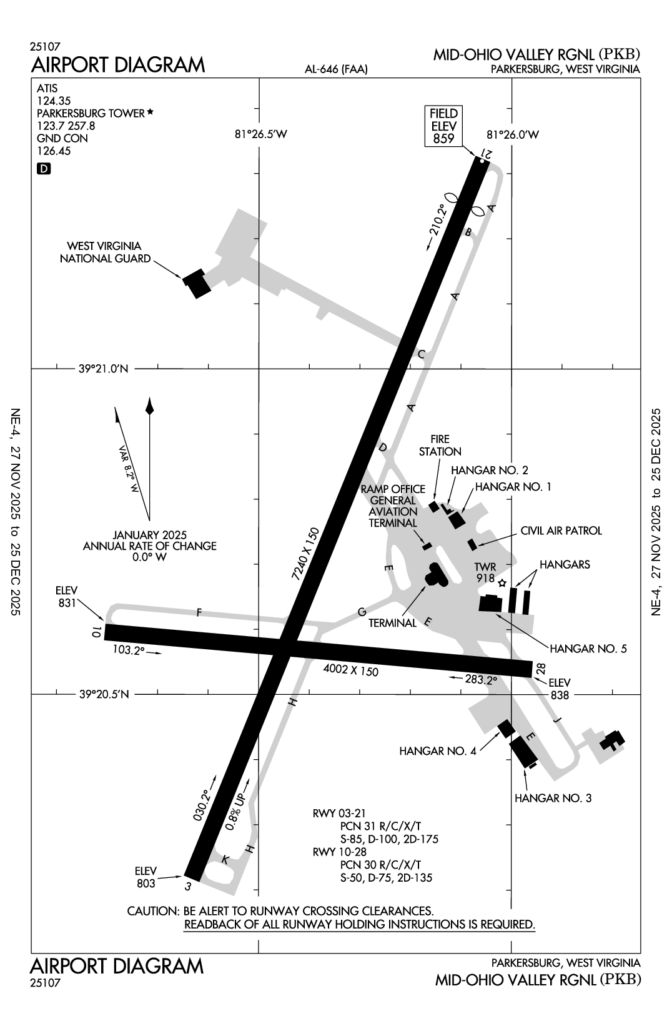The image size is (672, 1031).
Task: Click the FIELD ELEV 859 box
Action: tap(444, 126)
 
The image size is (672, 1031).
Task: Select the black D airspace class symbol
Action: tap(43, 168)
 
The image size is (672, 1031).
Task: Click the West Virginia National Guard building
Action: tap(197, 283)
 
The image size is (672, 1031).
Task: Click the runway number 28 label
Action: tap(541, 669)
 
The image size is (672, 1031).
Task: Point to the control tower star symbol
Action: tap(502, 582)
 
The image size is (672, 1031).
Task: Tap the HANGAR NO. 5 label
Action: tap(586, 649)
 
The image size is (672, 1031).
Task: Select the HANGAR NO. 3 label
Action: tap(552, 798)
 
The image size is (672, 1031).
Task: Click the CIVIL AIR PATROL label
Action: tap(561, 530)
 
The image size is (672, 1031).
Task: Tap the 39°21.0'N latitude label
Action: tap(104, 369)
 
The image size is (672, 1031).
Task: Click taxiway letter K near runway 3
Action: tap(225, 860)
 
